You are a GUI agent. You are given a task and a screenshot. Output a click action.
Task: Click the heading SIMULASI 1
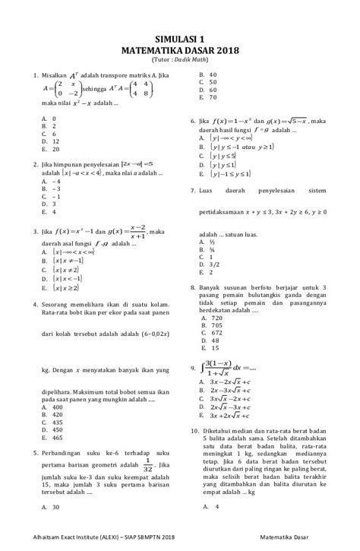click(180, 36)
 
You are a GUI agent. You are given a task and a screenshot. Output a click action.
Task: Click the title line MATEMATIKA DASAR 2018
click(180, 47)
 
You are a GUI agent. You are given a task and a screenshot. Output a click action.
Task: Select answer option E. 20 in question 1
click(52, 149)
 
